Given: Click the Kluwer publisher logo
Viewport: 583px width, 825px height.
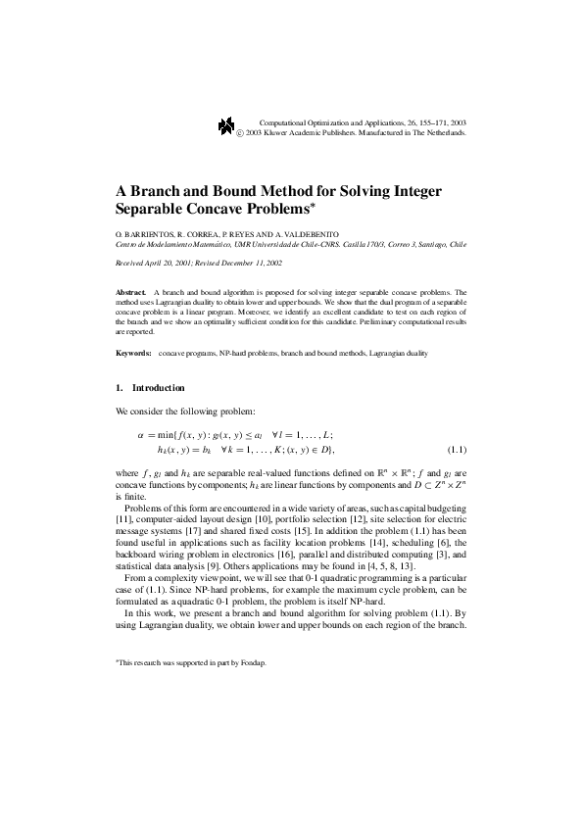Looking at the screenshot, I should [x=226, y=125].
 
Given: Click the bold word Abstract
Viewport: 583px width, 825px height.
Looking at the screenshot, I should [x=130, y=292].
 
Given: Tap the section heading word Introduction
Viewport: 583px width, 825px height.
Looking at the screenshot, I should [x=158, y=388].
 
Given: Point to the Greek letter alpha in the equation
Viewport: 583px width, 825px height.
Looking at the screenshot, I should [x=141, y=434].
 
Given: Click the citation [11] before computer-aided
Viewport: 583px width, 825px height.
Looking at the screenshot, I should [x=123, y=515].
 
